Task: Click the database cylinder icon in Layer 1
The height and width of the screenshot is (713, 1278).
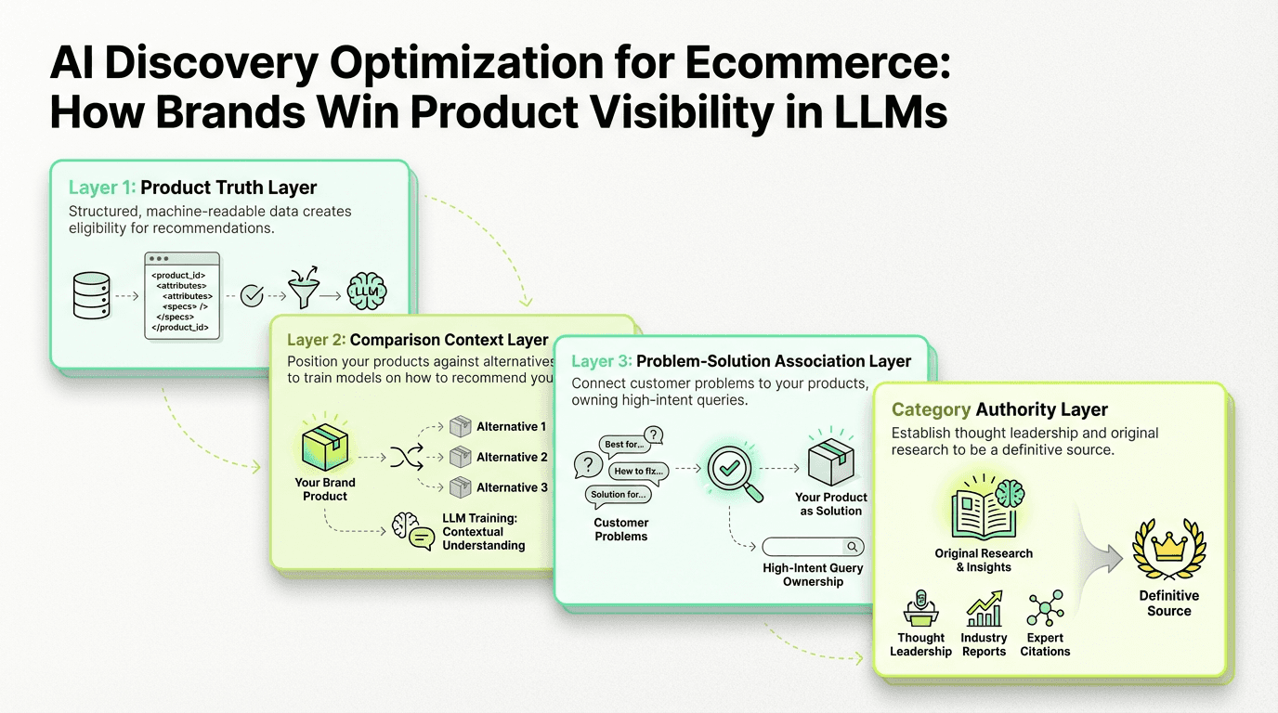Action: [91, 296]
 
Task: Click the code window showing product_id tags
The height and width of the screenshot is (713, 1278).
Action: [183, 295]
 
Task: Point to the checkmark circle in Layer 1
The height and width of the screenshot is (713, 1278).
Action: [251, 296]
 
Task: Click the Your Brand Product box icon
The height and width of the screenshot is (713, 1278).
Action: [325, 448]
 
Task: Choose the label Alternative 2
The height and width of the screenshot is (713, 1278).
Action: [512, 457]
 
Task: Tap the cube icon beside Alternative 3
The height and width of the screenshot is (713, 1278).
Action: [460, 487]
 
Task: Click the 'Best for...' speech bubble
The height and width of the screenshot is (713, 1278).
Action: [623, 444]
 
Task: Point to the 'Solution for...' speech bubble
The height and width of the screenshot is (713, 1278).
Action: [618, 494]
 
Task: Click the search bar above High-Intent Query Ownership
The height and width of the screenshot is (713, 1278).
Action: [813, 547]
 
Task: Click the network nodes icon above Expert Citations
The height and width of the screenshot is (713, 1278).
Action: [1045, 609]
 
